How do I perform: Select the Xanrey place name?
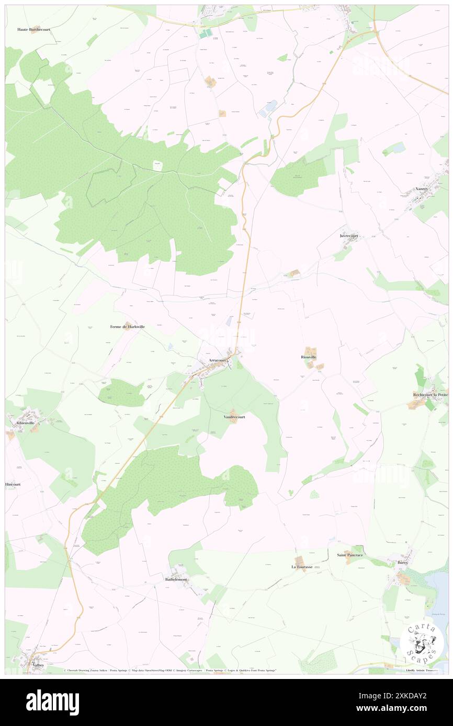click(x=421, y=189)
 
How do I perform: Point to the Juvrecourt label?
click(x=349, y=236)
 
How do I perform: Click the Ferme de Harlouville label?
click(x=127, y=326)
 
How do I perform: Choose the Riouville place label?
click(x=309, y=357)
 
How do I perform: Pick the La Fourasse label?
click(x=302, y=567)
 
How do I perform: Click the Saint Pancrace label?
click(x=349, y=555)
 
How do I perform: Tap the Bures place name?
click(x=402, y=563)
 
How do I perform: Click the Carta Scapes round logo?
click(x=422, y=641)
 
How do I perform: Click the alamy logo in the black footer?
click(x=52, y=702)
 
